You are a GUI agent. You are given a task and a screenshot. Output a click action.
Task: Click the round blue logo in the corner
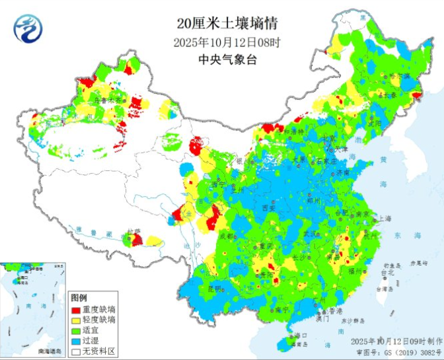point(27,28)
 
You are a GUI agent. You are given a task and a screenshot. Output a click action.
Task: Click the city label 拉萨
point(134,232)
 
